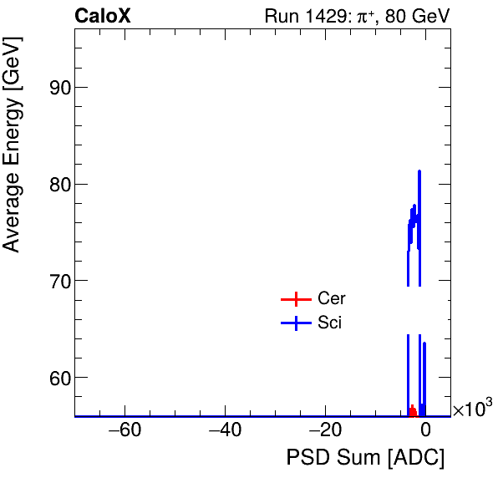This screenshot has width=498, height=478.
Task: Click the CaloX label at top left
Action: (103, 17)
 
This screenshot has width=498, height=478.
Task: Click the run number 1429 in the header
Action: (329, 17)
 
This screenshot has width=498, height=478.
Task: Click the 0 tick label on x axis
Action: (425, 431)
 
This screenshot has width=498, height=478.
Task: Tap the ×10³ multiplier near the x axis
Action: (472, 409)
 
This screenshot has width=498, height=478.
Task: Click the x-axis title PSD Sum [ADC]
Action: (365, 458)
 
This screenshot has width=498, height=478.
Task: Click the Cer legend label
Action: (332, 299)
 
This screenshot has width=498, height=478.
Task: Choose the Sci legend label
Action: (330, 323)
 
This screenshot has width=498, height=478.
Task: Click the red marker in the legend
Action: (296, 299)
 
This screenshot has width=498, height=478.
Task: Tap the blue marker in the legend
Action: (296, 323)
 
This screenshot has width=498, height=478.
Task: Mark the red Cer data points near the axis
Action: (412, 411)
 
